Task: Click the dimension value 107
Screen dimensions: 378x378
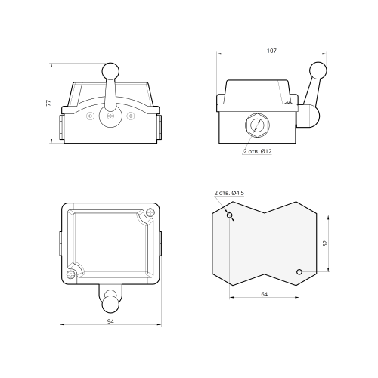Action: point(271,51)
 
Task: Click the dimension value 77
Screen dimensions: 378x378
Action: point(48,103)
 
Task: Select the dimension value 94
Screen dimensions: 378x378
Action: point(110,321)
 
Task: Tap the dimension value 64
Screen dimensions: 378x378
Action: point(264,294)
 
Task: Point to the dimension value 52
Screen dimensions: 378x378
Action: point(325,243)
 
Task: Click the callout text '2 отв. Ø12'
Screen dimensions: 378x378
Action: point(257,151)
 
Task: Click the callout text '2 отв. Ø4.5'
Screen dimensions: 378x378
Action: point(229,193)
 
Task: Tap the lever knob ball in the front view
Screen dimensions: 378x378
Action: point(110,71)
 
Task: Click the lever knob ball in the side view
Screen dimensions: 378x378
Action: point(318,70)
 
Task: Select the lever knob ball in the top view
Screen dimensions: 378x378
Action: point(110,305)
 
